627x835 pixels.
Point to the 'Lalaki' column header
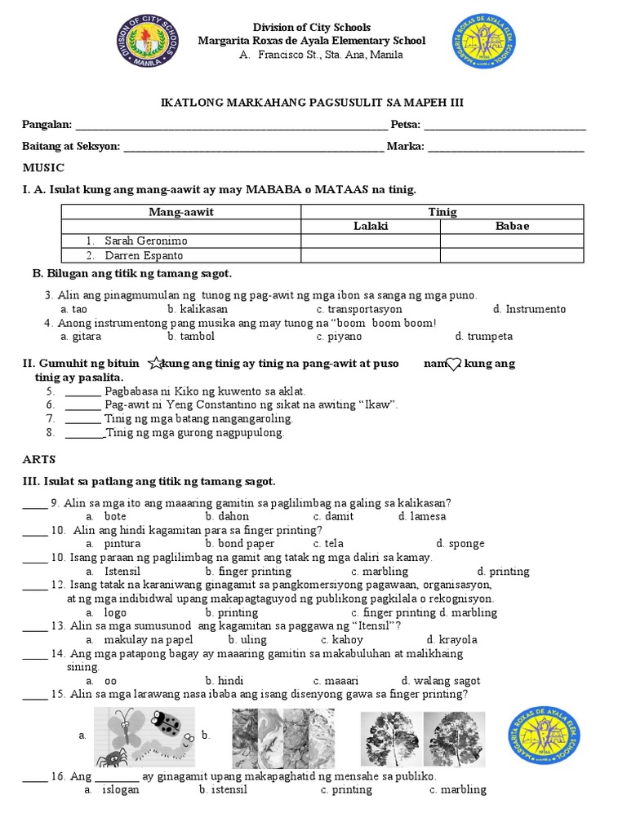coord(371,226)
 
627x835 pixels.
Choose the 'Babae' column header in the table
coord(512,226)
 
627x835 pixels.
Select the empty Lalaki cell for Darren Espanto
coord(371,255)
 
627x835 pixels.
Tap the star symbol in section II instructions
coord(155,363)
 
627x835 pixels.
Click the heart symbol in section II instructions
coord(455,364)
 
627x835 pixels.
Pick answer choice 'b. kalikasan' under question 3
coord(198,309)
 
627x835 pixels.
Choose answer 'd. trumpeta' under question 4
coord(484,336)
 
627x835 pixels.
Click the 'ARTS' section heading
coord(39,460)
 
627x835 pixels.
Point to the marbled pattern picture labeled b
coord(282,736)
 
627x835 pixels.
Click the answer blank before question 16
coord(34,776)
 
